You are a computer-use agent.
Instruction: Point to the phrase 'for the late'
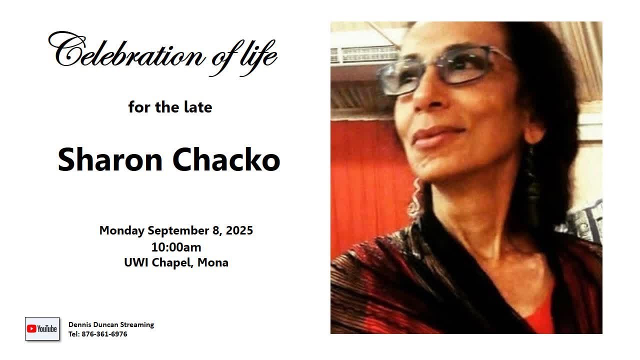coord(170,107)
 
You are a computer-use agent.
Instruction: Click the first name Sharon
coord(110,159)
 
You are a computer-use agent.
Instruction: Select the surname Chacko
coord(226,159)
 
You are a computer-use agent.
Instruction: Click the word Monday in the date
coord(121,230)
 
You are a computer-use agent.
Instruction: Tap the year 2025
coord(239,230)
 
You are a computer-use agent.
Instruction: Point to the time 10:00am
coord(176,246)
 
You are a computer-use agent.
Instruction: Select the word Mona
coord(213,262)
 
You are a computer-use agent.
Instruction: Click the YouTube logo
coord(42,328)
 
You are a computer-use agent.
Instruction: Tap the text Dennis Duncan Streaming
coord(111,324)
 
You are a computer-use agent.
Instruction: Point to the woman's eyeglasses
coord(440,70)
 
